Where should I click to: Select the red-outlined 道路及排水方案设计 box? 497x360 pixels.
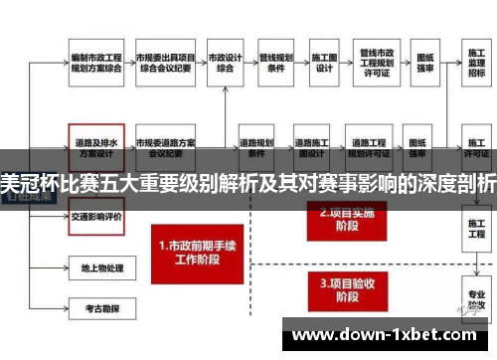click(x=96, y=145)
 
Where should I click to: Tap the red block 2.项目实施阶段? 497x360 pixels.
click(x=344, y=219)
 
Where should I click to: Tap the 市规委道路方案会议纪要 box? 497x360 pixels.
click(x=164, y=145)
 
